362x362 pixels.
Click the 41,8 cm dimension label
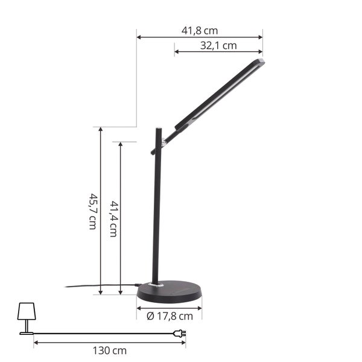click(200, 30)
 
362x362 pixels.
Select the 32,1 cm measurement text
click(218, 45)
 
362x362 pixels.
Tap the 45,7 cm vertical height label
click(93, 211)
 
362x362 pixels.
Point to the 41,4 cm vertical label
click(113, 219)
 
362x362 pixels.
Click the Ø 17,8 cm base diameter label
click(170, 316)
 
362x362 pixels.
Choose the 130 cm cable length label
click(110, 351)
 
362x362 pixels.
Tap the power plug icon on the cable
click(179, 333)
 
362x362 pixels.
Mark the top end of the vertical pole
click(158, 129)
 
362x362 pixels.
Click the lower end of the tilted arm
click(153, 153)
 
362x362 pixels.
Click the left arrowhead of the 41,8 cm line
click(138, 37)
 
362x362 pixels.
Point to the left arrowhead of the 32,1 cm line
click(176, 52)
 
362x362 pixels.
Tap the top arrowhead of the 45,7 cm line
click(100, 129)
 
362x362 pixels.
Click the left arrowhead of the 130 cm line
click(36, 343)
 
